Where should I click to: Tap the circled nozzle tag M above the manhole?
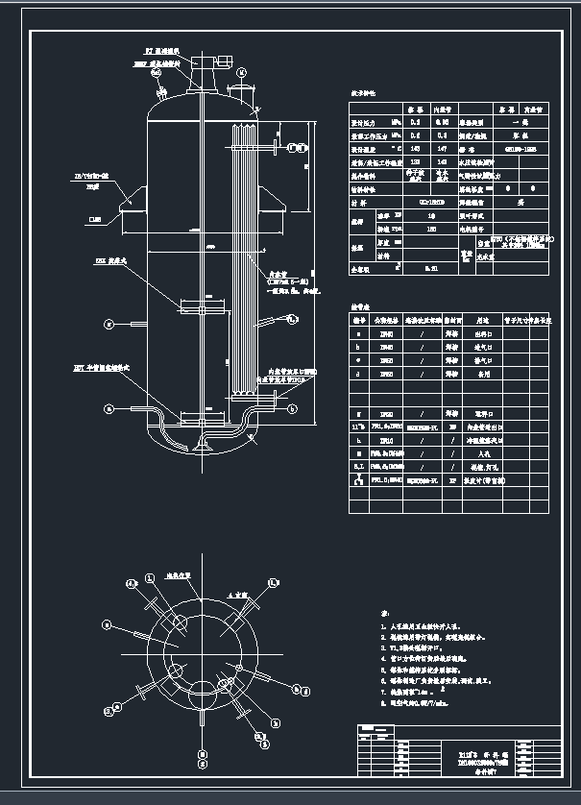click(243, 71)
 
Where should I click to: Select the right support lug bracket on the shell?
click(273, 204)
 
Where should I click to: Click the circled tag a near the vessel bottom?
click(109, 408)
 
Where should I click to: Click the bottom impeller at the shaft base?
click(203, 443)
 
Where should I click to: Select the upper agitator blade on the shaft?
click(203, 307)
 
